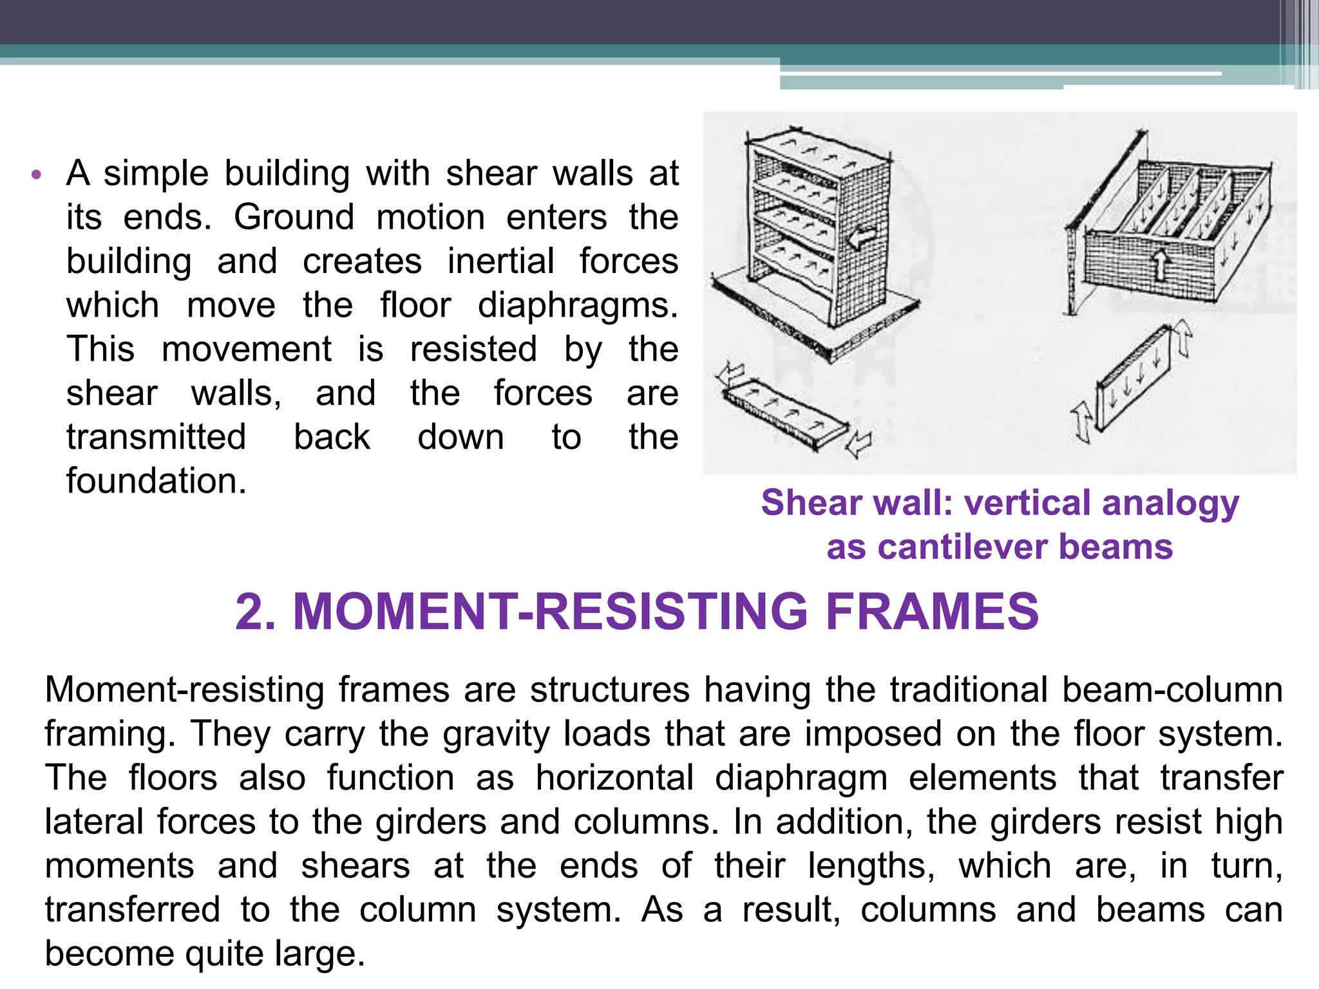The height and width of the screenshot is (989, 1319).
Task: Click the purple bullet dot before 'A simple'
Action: (x=36, y=174)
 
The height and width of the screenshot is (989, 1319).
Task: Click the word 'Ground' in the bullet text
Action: (x=294, y=217)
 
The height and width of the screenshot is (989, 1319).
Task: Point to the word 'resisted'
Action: (x=473, y=349)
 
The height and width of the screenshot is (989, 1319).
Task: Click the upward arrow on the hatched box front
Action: (x=1160, y=264)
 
